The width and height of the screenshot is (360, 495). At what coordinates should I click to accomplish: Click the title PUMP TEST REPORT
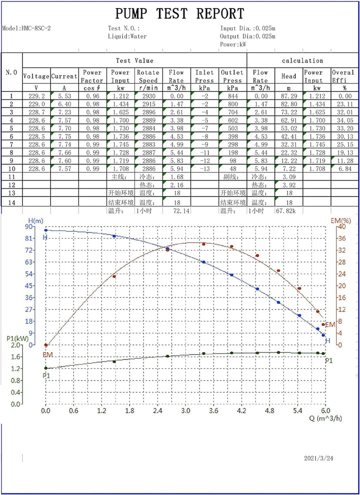(180, 13)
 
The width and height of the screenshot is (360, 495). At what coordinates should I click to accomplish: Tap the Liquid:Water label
(125, 36)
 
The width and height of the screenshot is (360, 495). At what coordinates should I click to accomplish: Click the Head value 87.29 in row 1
(288, 95)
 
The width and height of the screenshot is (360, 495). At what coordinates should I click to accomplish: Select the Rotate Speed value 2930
(148, 95)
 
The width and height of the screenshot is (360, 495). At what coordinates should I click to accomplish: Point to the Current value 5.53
(64, 95)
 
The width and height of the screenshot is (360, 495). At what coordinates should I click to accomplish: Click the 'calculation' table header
(302, 60)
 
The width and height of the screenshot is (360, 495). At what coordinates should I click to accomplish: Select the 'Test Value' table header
(134, 60)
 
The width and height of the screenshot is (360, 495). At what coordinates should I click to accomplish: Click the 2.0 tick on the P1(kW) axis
(16, 345)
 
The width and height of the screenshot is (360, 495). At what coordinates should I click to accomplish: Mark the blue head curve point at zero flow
(46, 230)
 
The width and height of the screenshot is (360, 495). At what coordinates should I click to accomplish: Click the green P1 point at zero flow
(46, 368)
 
